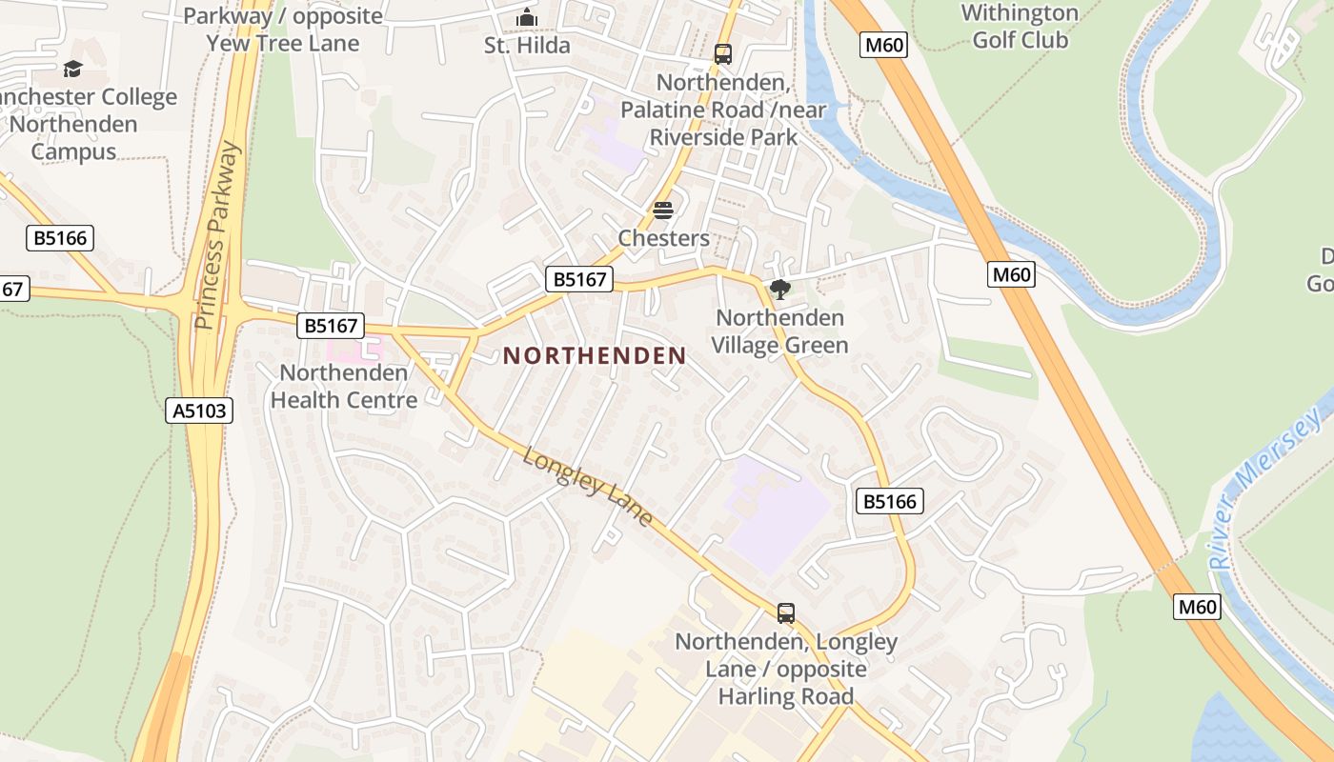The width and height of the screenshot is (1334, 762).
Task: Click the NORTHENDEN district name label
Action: point(595,356)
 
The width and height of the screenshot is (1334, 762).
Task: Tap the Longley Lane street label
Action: point(588,487)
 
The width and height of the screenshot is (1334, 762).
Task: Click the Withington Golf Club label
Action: point(1020,27)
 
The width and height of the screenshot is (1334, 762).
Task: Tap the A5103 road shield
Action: point(199,411)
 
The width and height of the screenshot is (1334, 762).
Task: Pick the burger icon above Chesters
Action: point(663,211)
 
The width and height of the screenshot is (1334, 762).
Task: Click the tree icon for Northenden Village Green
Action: point(780,289)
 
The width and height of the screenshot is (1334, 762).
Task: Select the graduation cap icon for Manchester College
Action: point(72,70)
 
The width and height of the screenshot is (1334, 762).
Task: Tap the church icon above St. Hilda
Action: point(526,18)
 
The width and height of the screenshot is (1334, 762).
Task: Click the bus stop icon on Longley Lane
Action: point(786,613)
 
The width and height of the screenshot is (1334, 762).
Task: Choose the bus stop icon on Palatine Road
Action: point(723,54)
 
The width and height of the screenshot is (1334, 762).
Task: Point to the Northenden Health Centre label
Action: point(344,386)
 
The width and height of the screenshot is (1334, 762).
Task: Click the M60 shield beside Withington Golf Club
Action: point(882,45)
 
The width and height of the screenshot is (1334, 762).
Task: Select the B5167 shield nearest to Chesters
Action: point(578,279)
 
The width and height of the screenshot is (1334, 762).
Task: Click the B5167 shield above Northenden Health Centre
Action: point(331,326)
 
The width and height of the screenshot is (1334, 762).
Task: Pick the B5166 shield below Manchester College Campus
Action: point(60,237)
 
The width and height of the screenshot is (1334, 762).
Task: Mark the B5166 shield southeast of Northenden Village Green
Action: point(890,501)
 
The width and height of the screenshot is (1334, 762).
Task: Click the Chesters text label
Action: point(663,238)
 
